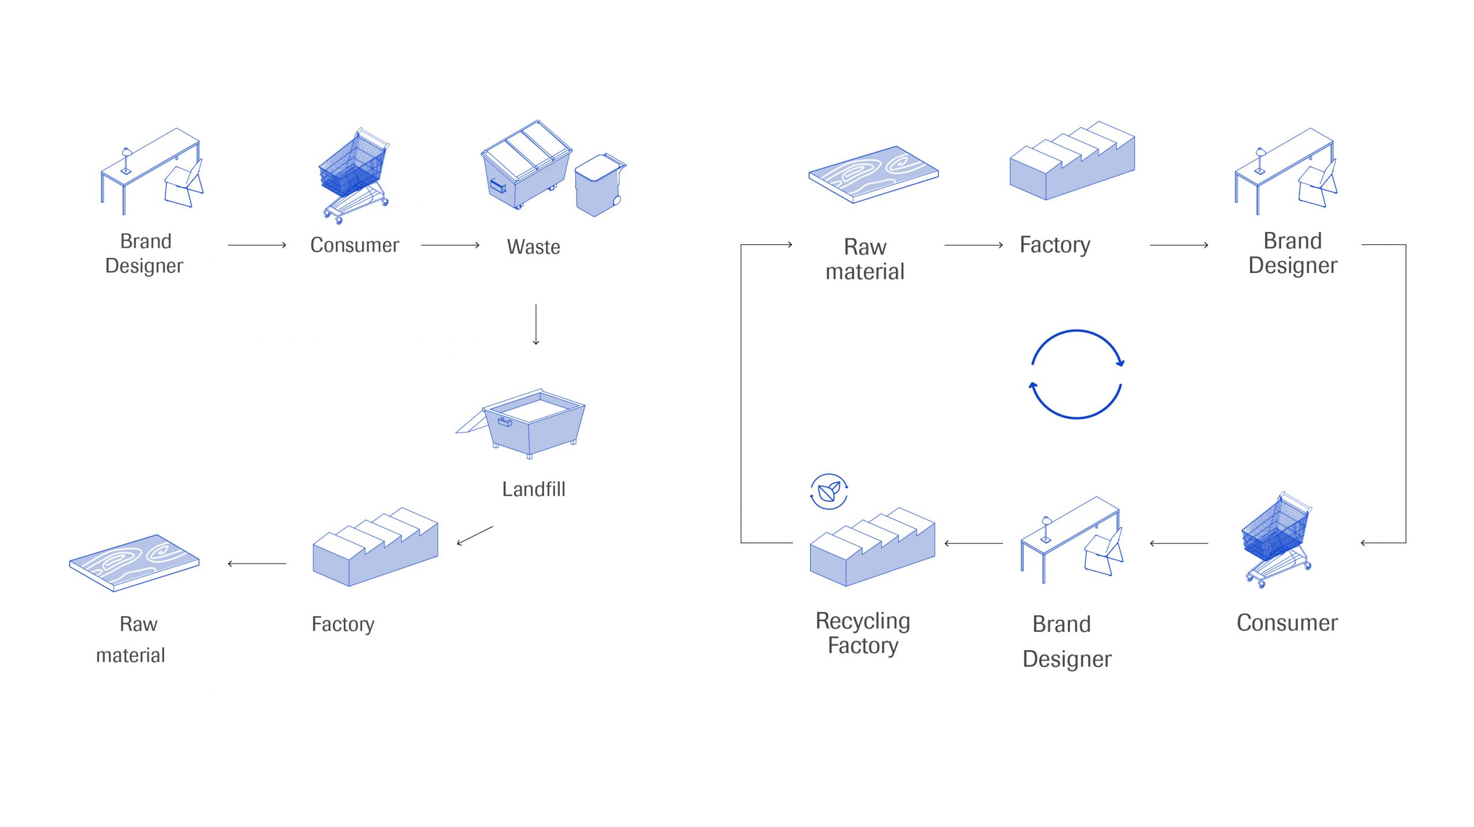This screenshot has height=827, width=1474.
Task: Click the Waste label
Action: pyautogui.click(x=533, y=247)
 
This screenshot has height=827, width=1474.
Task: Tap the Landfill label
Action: pyautogui.click(x=533, y=489)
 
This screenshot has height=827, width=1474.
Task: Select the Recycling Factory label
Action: pyautogui.click(x=863, y=633)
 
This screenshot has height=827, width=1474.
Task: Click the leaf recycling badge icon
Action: pyautogui.click(x=829, y=492)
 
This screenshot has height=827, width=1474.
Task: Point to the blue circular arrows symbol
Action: pyautogui.click(x=1076, y=374)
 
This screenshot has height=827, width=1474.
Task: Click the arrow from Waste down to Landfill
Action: pyautogui.click(x=536, y=325)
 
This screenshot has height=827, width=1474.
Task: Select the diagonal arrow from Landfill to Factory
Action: pyautogui.click(x=475, y=536)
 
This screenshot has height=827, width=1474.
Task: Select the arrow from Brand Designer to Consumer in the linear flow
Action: pyautogui.click(x=257, y=245)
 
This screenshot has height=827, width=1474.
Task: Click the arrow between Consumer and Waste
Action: pyautogui.click(x=450, y=245)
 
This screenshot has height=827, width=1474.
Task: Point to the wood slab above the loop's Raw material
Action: pyautogui.click(x=873, y=173)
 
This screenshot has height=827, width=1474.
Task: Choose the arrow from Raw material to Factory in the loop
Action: pyautogui.click(x=973, y=245)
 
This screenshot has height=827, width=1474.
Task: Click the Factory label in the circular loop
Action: pyautogui.click(x=1055, y=245)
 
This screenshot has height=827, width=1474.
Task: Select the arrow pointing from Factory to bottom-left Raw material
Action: pyautogui.click(x=257, y=563)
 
